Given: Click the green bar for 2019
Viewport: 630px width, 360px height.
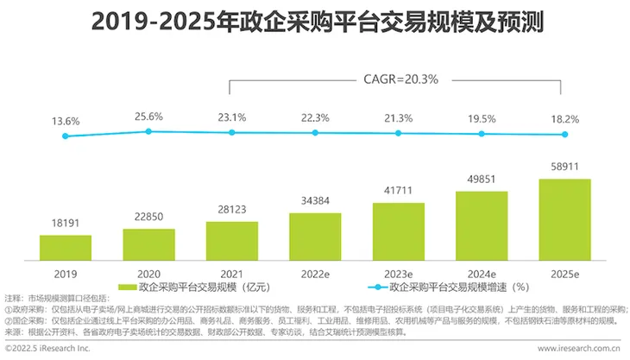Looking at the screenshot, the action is pos(66,248).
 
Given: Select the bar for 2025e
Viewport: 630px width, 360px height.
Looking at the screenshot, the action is pos(565,220).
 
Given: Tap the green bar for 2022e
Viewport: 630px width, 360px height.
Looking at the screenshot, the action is pos(315,237).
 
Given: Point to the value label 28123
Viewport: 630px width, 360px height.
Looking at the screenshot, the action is pos(232,210).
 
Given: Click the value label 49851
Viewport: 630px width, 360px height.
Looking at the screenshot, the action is pos(482,180).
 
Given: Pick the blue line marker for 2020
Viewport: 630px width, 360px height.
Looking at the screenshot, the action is pos(148,131).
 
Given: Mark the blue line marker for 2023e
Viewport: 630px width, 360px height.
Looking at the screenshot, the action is pos(398,133).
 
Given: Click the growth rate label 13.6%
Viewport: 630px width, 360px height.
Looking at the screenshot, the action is pos(66,122).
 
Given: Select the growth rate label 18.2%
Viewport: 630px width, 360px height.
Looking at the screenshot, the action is pos(565,119).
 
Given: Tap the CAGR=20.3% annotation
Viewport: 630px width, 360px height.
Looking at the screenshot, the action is pos(400,79).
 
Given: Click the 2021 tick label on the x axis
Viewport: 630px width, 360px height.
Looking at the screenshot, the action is pos(232,274).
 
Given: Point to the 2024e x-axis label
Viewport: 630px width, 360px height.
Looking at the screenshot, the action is pos(482,274).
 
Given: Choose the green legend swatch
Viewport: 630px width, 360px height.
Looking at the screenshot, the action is pos(128,287).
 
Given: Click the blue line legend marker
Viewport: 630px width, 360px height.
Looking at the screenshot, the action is pos(378,287).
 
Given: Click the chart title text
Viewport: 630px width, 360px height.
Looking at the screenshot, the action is pos(318,22).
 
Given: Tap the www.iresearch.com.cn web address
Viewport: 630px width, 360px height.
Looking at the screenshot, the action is pos(579,349).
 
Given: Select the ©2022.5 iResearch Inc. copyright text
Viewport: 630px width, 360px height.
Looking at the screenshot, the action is pos(47,349).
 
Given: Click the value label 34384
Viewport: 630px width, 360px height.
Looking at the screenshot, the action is pos(315,200).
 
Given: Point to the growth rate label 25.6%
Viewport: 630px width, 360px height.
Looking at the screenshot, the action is pos(148,117).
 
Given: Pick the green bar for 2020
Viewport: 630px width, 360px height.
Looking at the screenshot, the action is pos(148,244).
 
